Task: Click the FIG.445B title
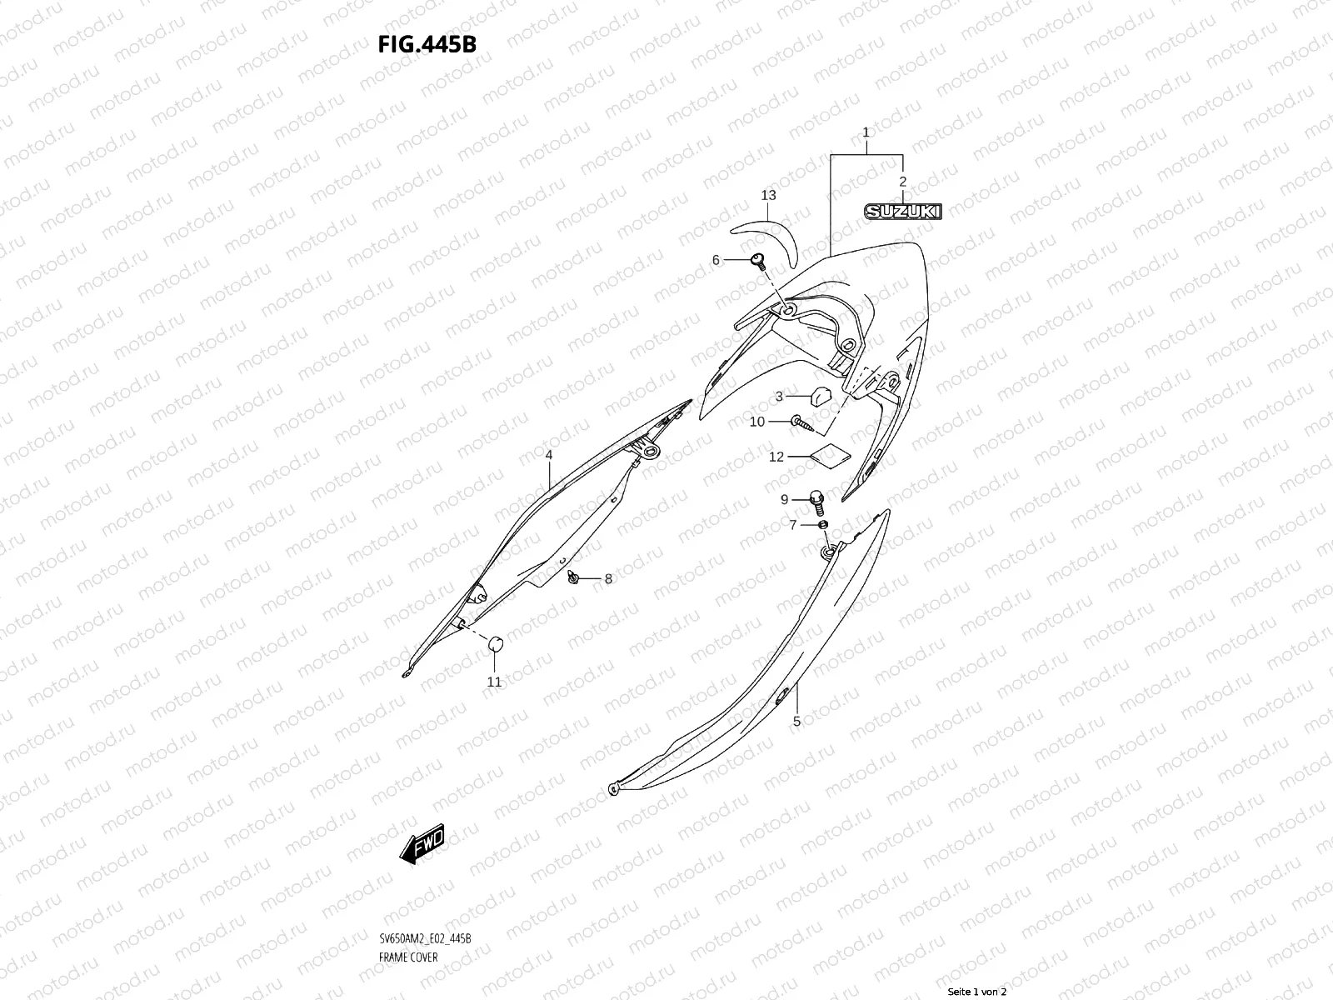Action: point(427,44)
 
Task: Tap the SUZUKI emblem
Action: point(902,212)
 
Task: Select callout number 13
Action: point(768,195)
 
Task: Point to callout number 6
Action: point(715,261)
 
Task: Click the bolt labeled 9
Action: point(817,501)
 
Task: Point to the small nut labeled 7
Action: point(822,524)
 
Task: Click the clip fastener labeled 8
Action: point(573,577)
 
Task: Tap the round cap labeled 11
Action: point(496,644)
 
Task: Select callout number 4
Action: point(549,455)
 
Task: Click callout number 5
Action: point(796,721)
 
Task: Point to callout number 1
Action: point(866,132)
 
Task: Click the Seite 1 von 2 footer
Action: point(977,992)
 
